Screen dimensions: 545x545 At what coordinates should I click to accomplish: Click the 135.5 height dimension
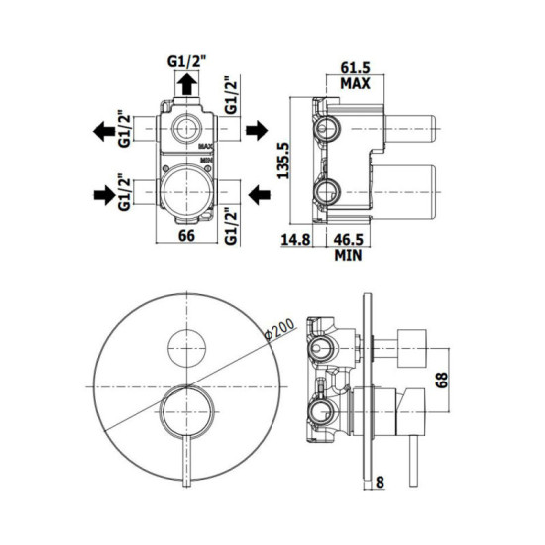284,161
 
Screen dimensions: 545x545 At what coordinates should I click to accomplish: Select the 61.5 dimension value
355,67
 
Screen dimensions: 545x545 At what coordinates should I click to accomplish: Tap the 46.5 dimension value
348,240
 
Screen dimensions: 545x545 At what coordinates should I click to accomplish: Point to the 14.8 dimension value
295,240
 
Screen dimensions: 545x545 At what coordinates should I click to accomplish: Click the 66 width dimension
186,236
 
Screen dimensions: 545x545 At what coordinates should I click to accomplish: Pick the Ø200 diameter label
279,329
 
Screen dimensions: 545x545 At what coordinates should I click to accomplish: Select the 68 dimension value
442,380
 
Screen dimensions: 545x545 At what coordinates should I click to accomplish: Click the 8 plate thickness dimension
380,483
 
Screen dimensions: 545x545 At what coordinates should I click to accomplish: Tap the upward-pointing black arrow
187,84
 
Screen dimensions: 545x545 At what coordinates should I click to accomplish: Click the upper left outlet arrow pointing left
104,131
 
